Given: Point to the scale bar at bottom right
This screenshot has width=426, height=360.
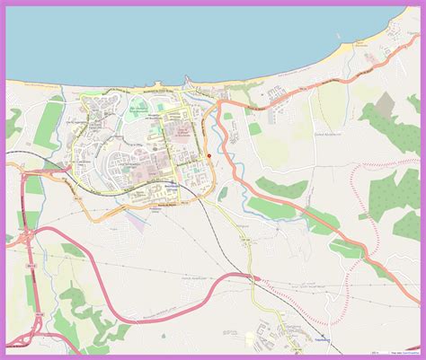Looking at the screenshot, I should (x=362, y=341).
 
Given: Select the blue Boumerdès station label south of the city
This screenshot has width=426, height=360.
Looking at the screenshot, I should (x=173, y=186).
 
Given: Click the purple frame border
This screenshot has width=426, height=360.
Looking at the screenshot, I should (x=4, y=180).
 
